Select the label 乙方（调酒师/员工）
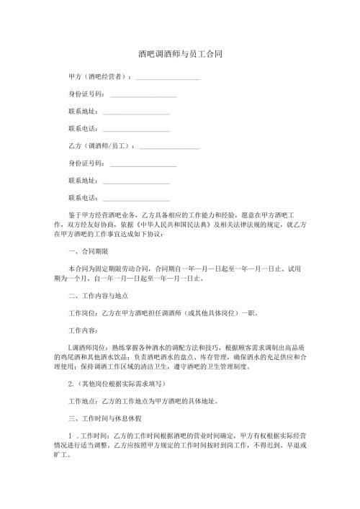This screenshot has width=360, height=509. point(101,146)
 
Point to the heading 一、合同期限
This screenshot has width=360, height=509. point(87,252)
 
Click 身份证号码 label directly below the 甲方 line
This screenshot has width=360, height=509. point(86,94)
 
